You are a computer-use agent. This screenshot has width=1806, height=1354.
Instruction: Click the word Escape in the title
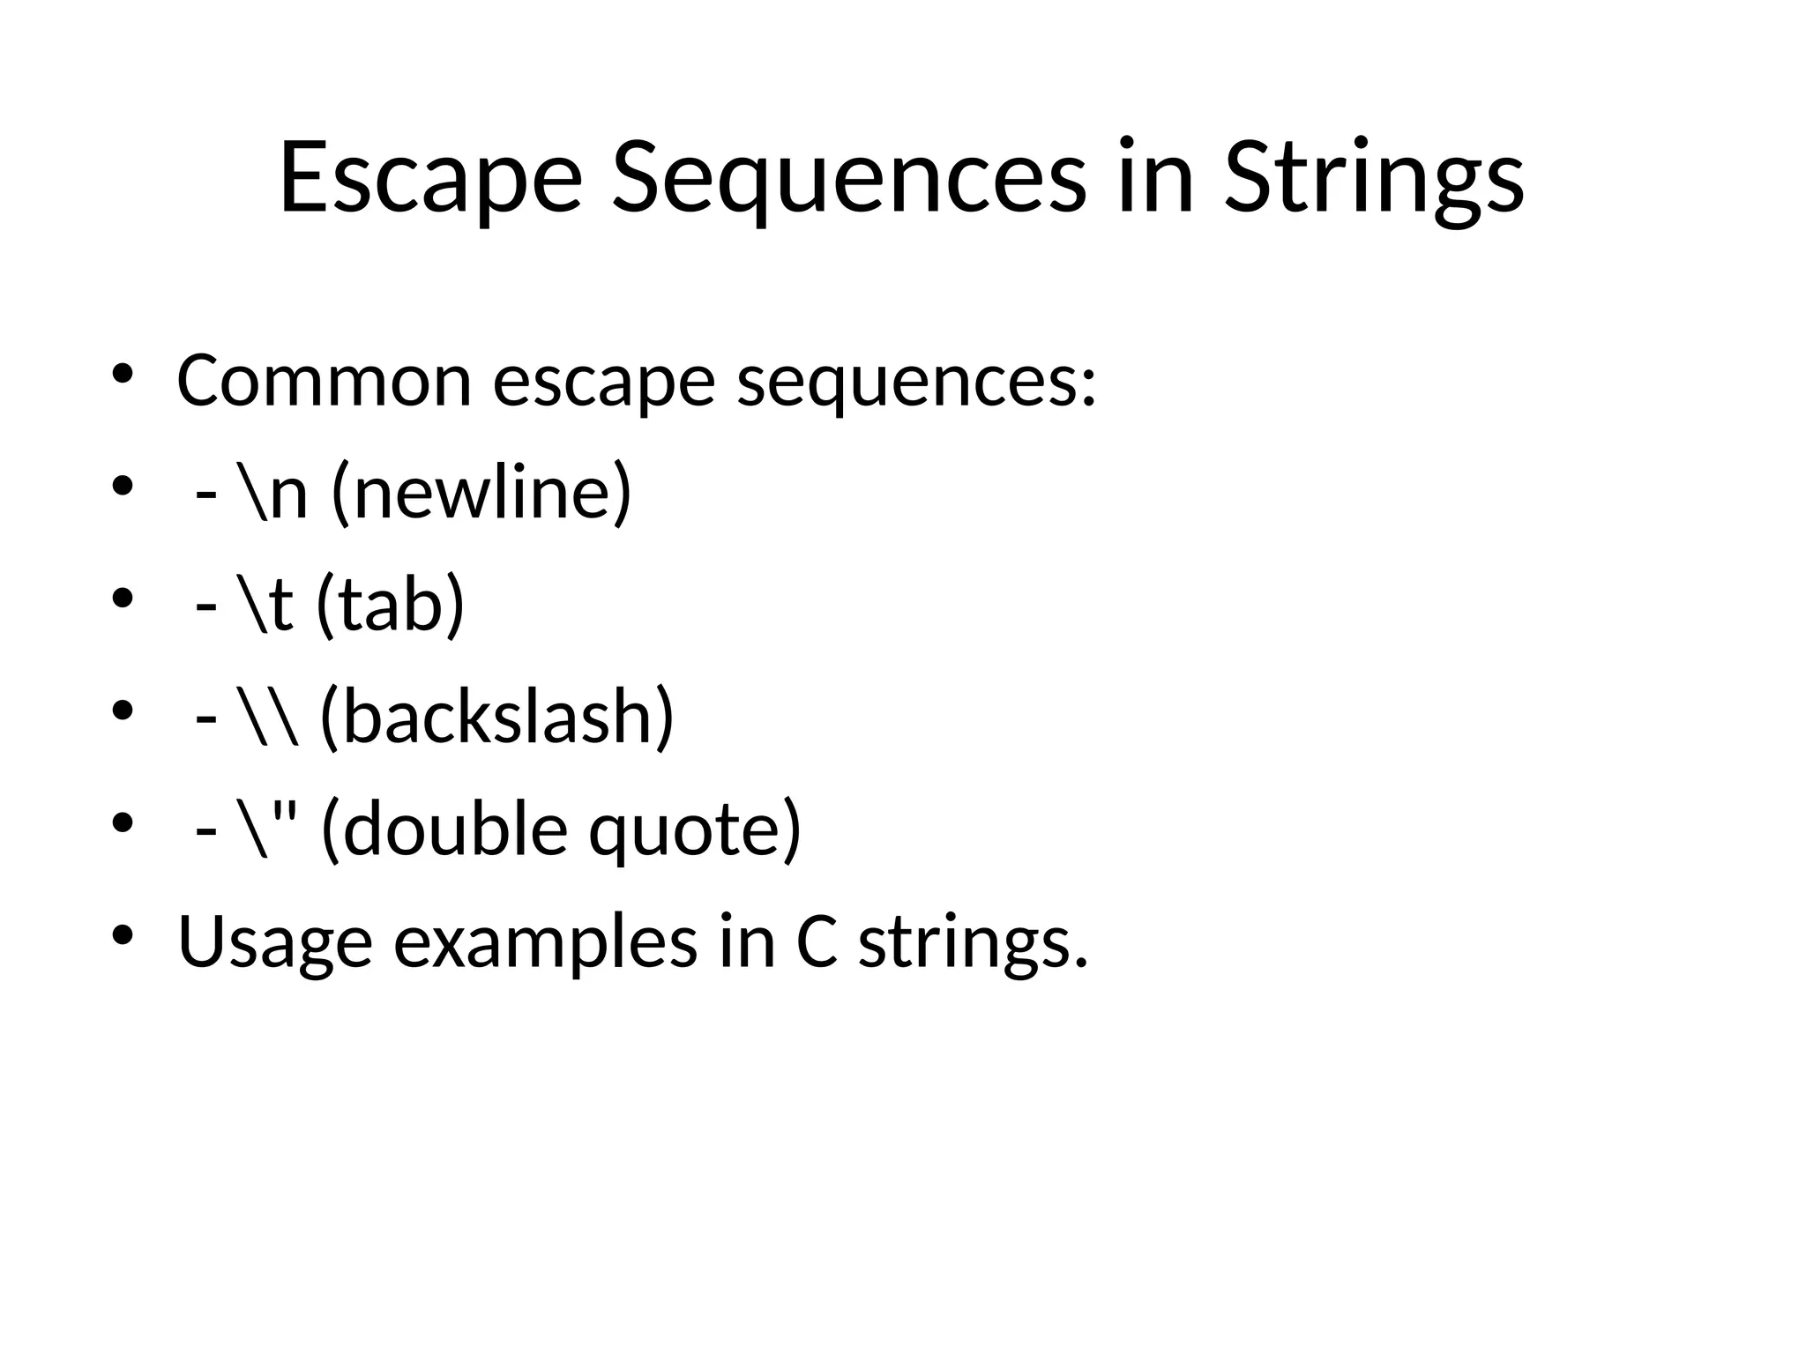click(430, 178)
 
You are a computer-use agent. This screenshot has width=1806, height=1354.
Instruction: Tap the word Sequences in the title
click(848, 178)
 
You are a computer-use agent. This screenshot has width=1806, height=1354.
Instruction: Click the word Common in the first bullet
click(325, 381)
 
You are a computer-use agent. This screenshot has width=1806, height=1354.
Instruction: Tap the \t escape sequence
click(265, 606)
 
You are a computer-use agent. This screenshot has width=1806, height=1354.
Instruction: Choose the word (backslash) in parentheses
click(496, 718)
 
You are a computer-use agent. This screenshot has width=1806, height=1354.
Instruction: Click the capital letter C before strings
click(816, 941)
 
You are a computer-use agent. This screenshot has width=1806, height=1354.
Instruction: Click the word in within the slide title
click(1155, 178)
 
